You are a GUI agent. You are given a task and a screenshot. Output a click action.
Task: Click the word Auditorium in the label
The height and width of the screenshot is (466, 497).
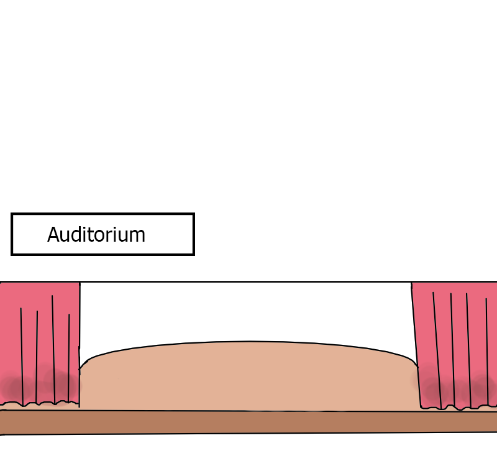[96, 235]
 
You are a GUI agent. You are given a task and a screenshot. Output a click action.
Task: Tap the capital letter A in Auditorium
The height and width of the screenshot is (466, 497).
[53, 235]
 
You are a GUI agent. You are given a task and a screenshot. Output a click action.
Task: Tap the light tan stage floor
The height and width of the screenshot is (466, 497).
[248, 379]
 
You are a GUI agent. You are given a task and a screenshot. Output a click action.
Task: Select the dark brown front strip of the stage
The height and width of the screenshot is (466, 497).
[248, 422]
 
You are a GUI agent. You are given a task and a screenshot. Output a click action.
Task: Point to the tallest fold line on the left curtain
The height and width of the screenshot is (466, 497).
[53, 348]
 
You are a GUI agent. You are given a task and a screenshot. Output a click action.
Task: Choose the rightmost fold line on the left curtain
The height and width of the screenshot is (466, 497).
[68, 354]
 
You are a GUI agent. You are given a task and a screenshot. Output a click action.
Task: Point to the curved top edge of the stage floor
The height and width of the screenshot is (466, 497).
[248, 342]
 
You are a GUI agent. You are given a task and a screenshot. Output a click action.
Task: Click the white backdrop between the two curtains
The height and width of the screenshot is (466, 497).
[248, 311]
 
